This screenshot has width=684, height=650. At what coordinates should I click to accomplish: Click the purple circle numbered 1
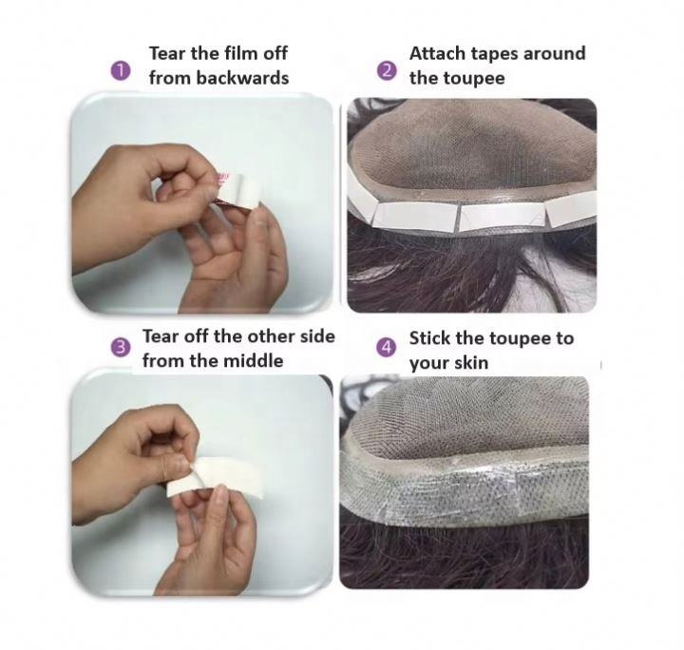coord(121,70)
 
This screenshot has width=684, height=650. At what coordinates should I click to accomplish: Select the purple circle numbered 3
coord(121,348)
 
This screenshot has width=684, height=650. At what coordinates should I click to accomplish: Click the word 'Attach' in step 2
coord(438,53)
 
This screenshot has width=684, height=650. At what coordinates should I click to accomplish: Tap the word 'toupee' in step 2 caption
coord(474,79)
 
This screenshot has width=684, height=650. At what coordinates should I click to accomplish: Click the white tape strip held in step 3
coord(217,477)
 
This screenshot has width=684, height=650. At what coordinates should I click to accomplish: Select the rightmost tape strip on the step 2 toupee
coord(571,208)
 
